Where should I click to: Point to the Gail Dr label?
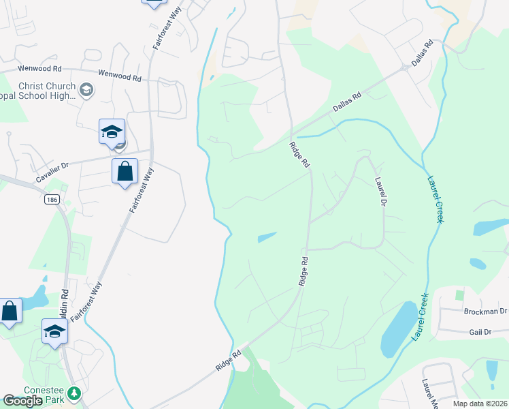tap(480, 332)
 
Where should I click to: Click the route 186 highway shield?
tap(51, 200)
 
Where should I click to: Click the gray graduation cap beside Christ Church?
tap(86, 90)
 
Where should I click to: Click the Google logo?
tap(22, 401)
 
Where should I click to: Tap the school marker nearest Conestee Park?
tap(54, 331)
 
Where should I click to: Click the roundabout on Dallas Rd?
tap(404, 67)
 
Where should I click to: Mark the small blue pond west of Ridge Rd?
tap(267, 237)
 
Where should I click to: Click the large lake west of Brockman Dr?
tap(399, 329)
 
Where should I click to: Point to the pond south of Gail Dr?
tap(492, 369)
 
